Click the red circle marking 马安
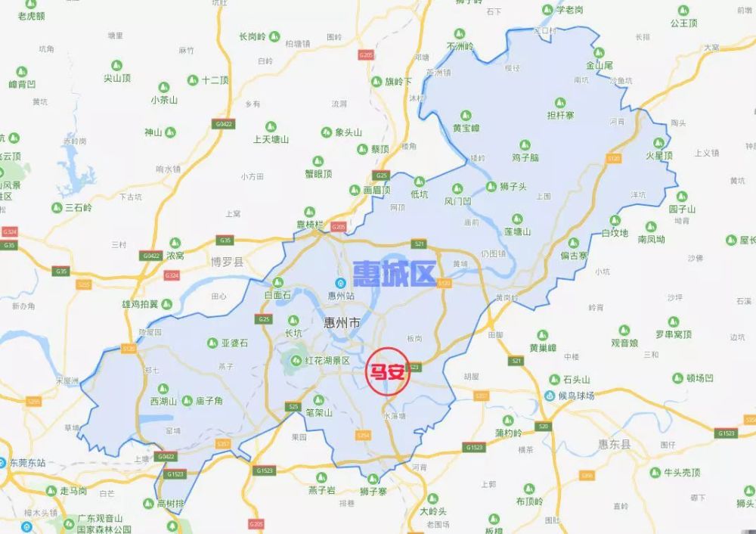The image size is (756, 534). pyautogui.click(x=388, y=371)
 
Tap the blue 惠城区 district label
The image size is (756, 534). pyautogui.click(x=394, y=275)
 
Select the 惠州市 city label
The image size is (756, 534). pyautogui.click(x=342, y=324)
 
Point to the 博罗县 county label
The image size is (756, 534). pyautogui.click(x=227, y=262)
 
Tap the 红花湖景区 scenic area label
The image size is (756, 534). pyautogui.click(x=327, y=361)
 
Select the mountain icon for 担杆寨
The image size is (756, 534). pyautogui.click(x=560, y=102)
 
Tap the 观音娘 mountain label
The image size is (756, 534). pyautogui.click(x=624, y=343)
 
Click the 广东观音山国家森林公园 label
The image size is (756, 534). pyautogui.click(x=98, y=523)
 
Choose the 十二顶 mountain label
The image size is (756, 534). pyautogui.click(x=215, y=80)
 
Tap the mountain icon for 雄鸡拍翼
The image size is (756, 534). pyautogui.click(x=166, y=304)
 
